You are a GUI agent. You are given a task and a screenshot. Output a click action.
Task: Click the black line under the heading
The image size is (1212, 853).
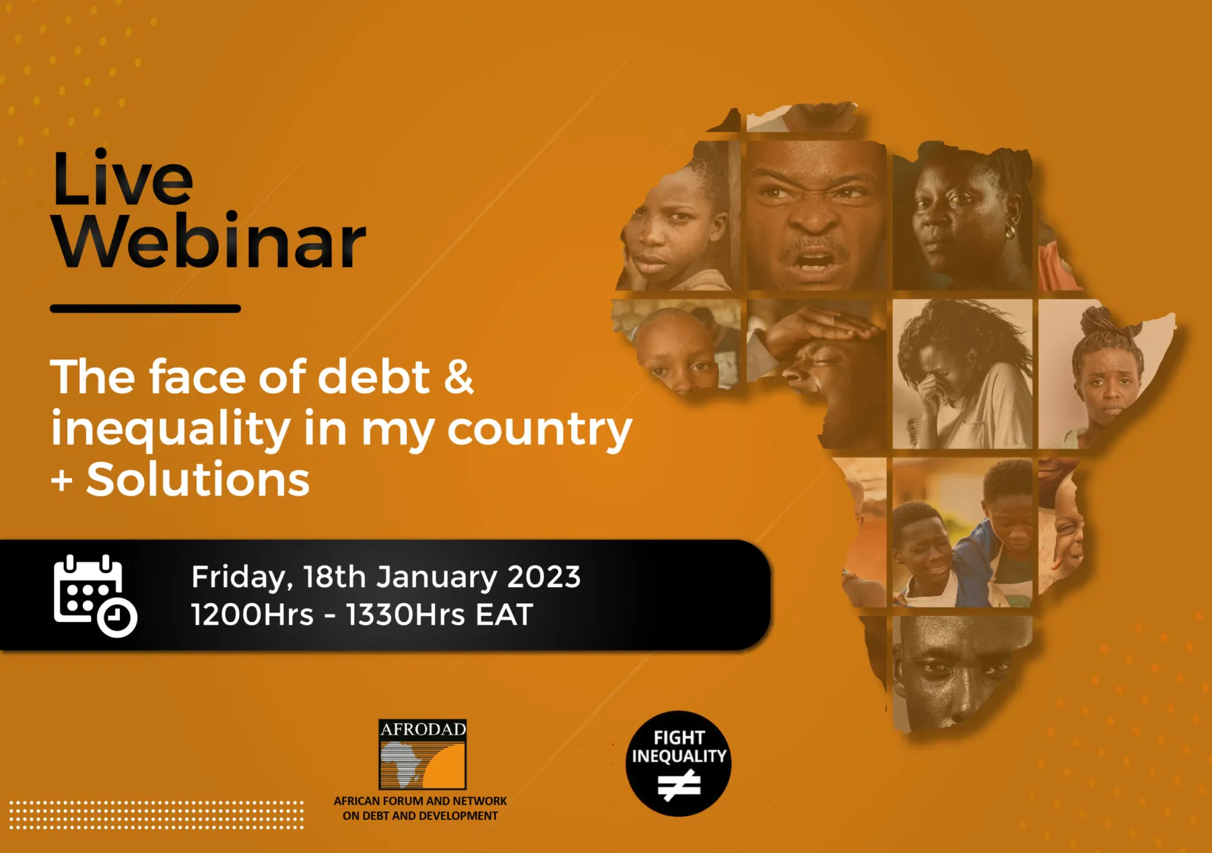[145, 308]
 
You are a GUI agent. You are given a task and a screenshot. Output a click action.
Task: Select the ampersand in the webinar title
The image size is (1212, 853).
[459, 376]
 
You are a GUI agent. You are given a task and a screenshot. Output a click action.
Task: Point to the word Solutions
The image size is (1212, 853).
[198, 479]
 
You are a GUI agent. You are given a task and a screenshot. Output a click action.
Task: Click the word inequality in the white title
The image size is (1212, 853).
[171, 430]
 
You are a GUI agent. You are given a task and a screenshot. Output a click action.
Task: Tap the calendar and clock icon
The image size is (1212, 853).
[95, 596]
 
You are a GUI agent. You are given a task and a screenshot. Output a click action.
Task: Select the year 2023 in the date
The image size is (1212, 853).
[543, 577]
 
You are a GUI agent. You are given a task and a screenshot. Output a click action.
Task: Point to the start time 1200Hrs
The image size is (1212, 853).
[252, 615]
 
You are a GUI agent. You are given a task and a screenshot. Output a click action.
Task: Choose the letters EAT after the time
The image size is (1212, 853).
[504, 615]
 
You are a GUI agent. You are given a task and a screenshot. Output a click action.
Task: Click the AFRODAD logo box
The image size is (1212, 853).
[423, 755]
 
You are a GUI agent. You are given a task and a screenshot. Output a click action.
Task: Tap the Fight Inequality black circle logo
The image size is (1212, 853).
[679, 763]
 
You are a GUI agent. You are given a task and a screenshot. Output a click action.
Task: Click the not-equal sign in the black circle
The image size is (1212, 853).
[679, 785]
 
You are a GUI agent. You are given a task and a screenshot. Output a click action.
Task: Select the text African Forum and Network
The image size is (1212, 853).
[420, 801]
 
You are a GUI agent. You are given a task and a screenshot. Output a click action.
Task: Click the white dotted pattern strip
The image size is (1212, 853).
[156, 815]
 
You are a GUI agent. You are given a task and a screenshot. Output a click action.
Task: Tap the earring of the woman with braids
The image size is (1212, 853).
[1010, 232]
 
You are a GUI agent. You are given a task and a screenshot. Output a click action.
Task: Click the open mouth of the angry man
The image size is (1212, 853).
[813, 261]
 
